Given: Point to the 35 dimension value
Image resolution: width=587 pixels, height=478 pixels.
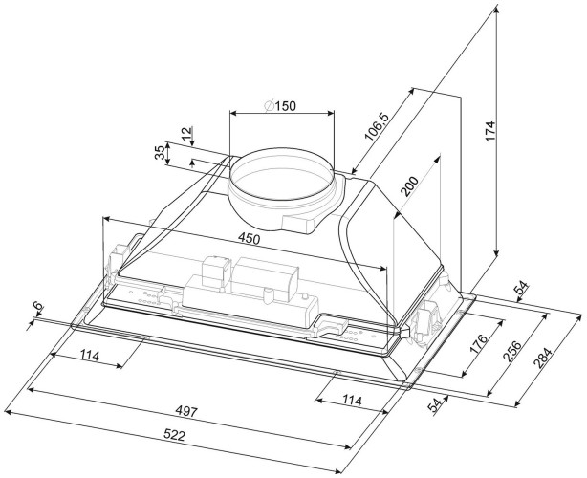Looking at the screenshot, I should click(158, 153).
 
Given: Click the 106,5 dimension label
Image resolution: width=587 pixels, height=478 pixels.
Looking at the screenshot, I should click(379, 127).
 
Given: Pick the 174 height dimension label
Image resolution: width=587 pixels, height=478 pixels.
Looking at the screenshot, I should click(489, 132).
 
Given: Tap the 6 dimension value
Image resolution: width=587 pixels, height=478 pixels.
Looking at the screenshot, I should click(36, 308).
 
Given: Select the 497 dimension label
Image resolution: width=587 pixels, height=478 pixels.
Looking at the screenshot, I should click(185, 412).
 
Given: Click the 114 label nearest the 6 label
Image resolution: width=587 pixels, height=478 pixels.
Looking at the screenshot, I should click(90, 356).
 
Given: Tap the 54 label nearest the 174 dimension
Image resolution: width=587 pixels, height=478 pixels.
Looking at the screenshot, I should click(522, 289).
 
